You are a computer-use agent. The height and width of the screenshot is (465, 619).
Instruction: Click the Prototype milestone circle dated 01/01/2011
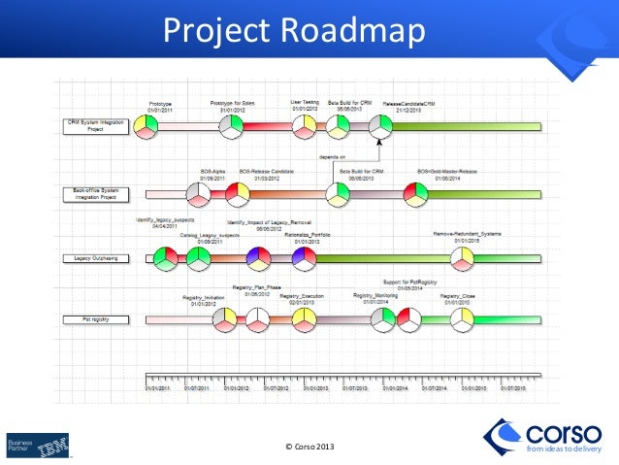pos(146,127)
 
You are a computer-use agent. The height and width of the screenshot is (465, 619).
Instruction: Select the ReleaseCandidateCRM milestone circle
pos(381,126)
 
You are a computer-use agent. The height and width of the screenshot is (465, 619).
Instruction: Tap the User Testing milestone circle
pos(306,127)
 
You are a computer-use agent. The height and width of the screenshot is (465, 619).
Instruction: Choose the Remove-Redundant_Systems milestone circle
pos(463,258)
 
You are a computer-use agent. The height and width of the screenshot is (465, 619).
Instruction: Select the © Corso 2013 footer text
pos(310,445)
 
